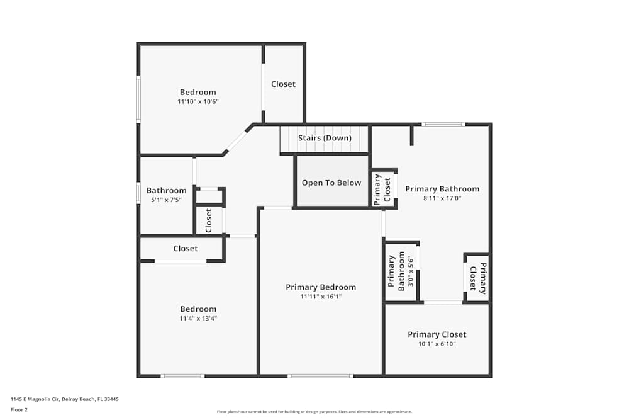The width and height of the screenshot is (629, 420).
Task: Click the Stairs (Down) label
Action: point(324,138)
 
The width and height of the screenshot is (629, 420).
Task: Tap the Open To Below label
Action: point(331,183)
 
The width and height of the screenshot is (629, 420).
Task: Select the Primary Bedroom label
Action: point(321,287)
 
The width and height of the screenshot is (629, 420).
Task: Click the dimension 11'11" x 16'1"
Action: point(321,297)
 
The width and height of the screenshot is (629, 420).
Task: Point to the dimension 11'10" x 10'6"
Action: point(198,101)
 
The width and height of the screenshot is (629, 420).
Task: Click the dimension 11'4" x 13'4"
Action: point(198,319)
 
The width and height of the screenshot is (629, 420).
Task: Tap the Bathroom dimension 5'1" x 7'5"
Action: point(166,200)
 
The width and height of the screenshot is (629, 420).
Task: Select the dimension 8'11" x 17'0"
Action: point(442,198)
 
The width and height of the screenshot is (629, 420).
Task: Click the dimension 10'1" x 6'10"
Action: point(437,344)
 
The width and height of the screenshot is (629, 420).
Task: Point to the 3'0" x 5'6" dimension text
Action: point(411,271)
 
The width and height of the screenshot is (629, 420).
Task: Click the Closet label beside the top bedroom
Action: point(283,84)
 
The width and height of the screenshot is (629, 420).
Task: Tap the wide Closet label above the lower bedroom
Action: point(186,249)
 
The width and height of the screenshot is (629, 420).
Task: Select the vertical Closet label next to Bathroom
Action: point(209,220)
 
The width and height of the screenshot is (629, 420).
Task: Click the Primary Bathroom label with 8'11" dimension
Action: point(442,189)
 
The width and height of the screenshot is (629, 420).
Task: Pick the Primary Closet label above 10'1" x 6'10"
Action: point(437,334)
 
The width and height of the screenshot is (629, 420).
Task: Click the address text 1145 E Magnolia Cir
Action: point(65,399)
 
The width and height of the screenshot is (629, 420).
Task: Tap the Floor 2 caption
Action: point(19,409)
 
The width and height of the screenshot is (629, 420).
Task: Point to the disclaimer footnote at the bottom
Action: point(314,412)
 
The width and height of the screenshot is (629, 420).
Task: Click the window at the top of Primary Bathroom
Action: point(443,125)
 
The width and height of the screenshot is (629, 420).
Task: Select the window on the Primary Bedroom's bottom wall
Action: point(320,376)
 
